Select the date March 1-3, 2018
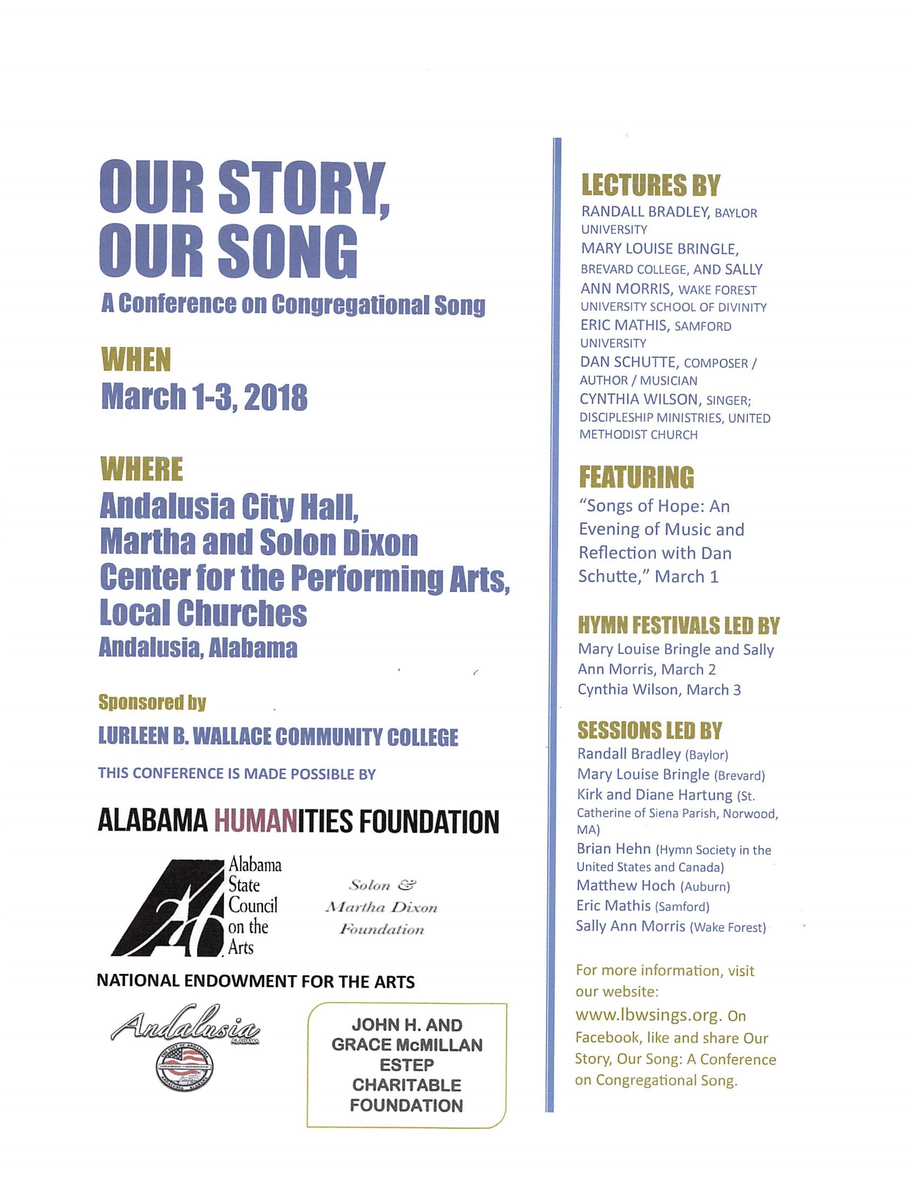(204, 398)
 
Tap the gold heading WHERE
(142, 469)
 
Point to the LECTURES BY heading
(651, 186)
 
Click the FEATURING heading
(637, 477)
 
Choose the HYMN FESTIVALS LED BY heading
(679, 625)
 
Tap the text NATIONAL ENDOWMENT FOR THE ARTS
(255, 982)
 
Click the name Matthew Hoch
(626, 885)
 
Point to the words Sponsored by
(152, 702)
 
